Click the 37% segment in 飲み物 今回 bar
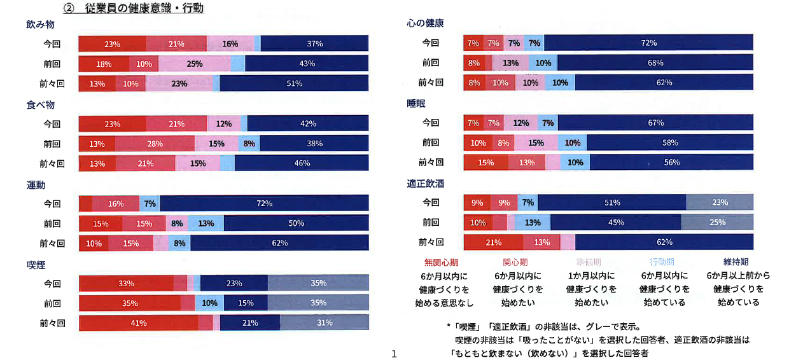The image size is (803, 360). coord(314,44)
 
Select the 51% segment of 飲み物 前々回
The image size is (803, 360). coord(294,83)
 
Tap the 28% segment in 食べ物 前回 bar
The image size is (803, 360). coord(155,144)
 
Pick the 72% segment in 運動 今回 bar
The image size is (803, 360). coord(264,204)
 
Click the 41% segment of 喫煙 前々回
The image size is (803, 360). coord(139,323)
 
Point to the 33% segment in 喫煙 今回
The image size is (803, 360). coord(125,284)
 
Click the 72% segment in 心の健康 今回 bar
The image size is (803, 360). coord(649,43)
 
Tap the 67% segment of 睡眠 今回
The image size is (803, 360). coord(656,123)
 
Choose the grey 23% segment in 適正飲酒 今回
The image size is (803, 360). coord(720,203)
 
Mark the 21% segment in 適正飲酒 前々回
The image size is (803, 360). coord(493,242)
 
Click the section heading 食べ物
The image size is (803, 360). coord(40,105)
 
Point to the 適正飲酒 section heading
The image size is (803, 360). coord(425,184)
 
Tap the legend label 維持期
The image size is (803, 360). coord(736,261)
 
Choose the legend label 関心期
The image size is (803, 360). coord(515,262)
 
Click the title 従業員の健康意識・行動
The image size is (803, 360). coord(144,9)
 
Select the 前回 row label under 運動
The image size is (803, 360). coord(52,224)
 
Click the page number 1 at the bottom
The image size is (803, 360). coord(394,354)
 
